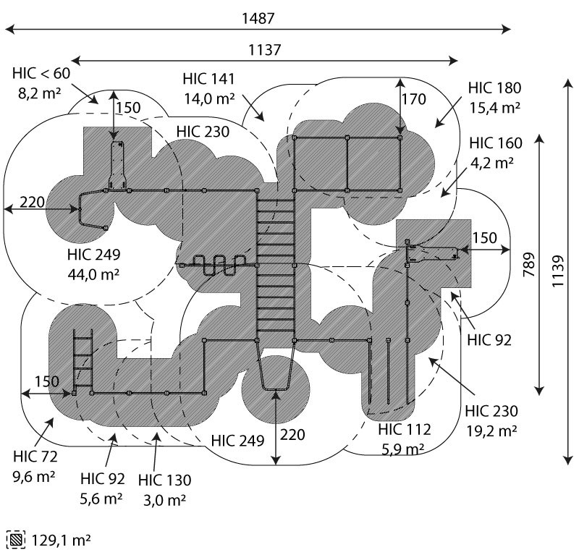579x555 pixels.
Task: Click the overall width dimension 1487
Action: [258, 19]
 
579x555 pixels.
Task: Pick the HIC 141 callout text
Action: [208, 80]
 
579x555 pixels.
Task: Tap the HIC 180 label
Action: [494, 88]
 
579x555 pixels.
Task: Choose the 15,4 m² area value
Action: [494, 107]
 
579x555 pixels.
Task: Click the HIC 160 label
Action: [494, 143]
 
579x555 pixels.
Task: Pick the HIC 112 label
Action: [405, 430]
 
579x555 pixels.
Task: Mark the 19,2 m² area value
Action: [492, 431]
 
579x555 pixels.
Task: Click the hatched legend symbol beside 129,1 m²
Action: [14, 540]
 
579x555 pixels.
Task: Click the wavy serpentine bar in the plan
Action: [217, 266]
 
